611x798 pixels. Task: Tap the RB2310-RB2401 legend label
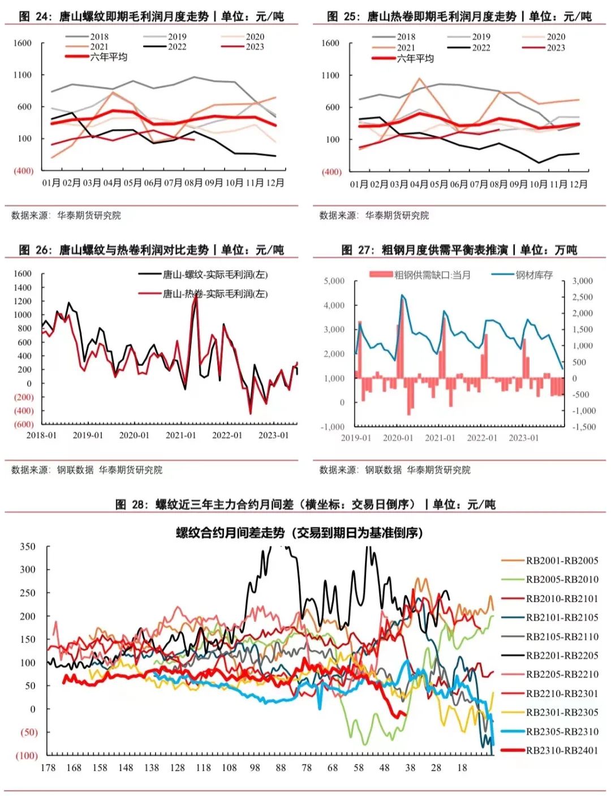tap(562, 751)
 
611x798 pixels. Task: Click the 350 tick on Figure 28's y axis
tap(28, 547)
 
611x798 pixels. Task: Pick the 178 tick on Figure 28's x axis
tap(48, 767)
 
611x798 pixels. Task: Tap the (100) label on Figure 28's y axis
tap(26, 756)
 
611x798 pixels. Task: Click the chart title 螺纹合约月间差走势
tap(299, 533)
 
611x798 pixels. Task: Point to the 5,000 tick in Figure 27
tap(334, 281)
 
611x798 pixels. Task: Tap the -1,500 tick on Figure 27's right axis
tap(584, 427)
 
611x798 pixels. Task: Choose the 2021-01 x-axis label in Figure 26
tap(180, 435)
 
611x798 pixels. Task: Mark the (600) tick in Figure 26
tap(24, 424)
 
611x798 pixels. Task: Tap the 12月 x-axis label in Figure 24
tap(275, 183)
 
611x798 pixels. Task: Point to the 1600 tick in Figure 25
tap(330, 43)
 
